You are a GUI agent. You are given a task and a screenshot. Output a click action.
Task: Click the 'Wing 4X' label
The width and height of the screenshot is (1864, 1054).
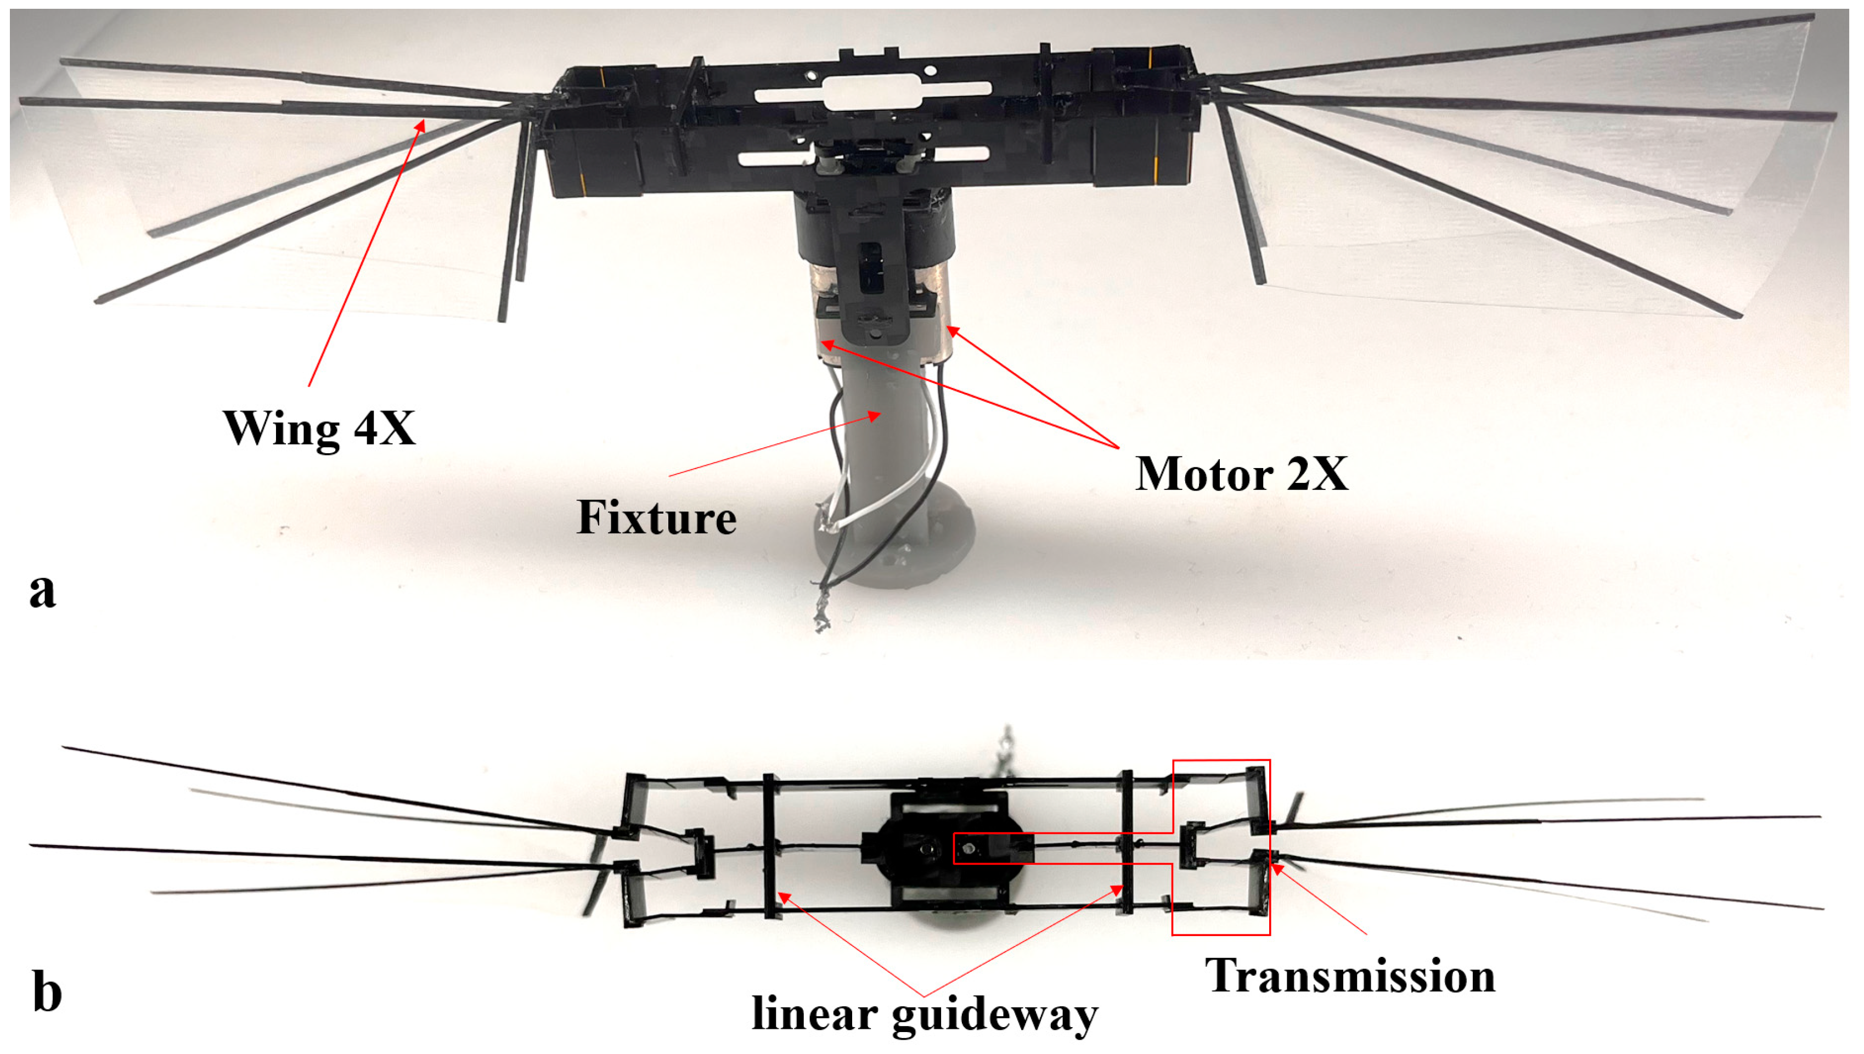pos(319,429)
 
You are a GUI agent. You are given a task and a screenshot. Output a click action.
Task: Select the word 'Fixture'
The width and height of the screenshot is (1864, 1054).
pos(656,518)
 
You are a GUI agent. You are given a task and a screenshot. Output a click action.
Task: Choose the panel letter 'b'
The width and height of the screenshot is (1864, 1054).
pos(47,992)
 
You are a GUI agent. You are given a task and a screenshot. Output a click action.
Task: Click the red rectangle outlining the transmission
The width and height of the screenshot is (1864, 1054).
pos(1269,847)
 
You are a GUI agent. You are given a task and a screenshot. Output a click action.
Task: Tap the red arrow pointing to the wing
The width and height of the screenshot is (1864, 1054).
pos(365,253)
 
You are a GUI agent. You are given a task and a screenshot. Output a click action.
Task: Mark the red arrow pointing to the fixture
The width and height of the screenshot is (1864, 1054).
pos(775,444)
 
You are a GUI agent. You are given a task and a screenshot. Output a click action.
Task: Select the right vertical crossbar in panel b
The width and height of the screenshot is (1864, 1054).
pos(1127,843)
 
